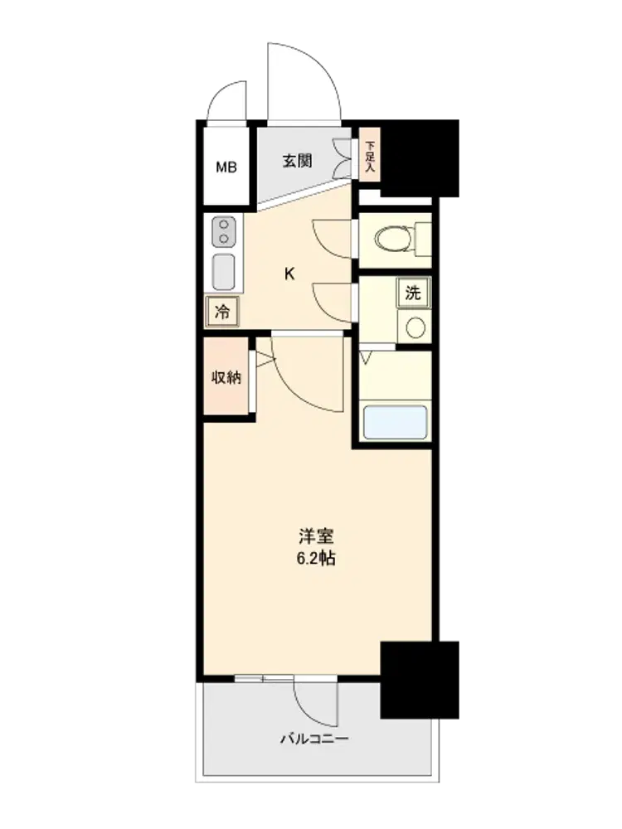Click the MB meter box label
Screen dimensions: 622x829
[x=226, y=167]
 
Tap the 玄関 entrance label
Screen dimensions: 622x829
[x=297, y=161]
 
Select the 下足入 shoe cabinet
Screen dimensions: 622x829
[x=370, y=156]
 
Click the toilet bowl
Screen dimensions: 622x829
[x=394, y=239]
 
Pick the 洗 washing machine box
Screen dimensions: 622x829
[x=414, y=293]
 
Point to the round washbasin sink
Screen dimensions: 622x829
[x=415, y=327]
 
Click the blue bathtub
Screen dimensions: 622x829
[x=395, y=422]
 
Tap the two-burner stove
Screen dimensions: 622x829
[x=224, y=231]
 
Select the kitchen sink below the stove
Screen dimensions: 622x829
[x=224, y=272]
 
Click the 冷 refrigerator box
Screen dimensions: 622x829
[x=222, y=312]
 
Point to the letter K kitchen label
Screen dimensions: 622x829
[x=289, y=274]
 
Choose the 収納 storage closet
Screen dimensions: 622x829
[x=226, y=376]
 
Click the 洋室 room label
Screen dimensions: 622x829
[x=316, y=536]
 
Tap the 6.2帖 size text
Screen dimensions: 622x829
[x=316, y=558]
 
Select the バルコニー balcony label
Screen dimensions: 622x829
[x=314, y=739]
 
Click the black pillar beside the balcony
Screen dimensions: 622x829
[x=420, y=680]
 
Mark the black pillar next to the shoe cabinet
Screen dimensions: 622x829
[x=420, y=158]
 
